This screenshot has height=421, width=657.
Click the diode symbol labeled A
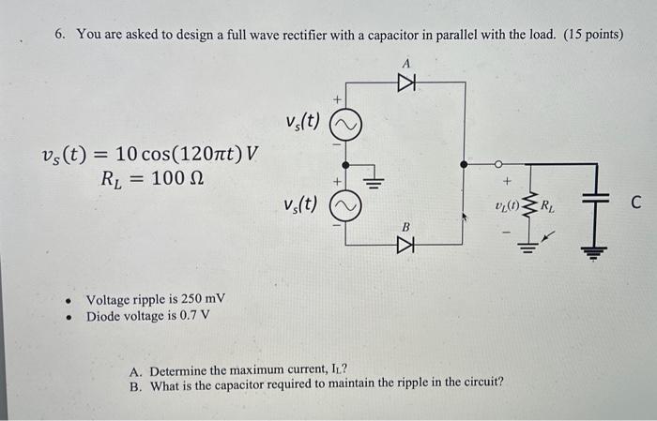click(406, 83)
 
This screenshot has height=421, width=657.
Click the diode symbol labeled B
click(406, 245)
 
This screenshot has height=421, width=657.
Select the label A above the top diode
click(406, 62)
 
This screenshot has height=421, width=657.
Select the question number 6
click(59, 35)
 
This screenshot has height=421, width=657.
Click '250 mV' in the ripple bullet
click(204, 300)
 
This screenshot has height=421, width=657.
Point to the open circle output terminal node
click(498, 163)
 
